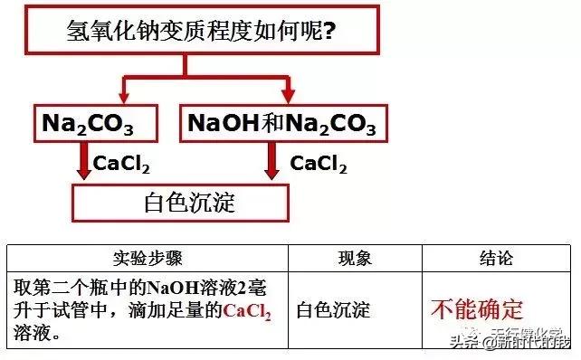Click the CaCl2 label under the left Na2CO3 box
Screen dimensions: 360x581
tap(121, 164)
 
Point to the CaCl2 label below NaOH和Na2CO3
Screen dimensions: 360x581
tap(318, 164)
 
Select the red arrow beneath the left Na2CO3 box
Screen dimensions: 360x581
tap(83, 163)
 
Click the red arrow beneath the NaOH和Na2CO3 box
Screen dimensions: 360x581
tap(271, 163)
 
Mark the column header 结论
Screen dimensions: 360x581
tap(495, 258)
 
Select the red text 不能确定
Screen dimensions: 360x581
tap(477, 309)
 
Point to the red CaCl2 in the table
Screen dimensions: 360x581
tap(247, 311)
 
